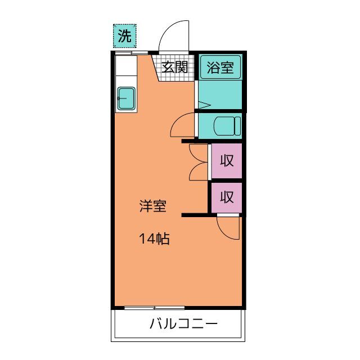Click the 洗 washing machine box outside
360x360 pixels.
point(125,36)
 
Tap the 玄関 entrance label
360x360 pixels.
point(175,67)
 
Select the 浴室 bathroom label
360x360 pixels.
point(220,67)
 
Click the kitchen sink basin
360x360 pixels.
point(126,98)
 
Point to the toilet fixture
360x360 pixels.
point(227,126)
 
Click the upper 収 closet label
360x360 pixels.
point(227,160)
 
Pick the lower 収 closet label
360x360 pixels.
point(227,197)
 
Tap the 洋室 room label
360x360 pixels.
point(153,206)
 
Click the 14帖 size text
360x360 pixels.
point(154,238)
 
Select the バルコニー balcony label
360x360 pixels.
point(183,324)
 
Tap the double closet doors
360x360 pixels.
point(199,162)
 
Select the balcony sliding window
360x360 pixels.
point(154,308)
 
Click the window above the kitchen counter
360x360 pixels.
point(132,53)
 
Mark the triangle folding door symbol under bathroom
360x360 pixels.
point(204,105)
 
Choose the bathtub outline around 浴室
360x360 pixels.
point(220,67)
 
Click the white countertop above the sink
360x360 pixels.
point(126,66)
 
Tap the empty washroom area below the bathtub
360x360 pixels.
point(220,94)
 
